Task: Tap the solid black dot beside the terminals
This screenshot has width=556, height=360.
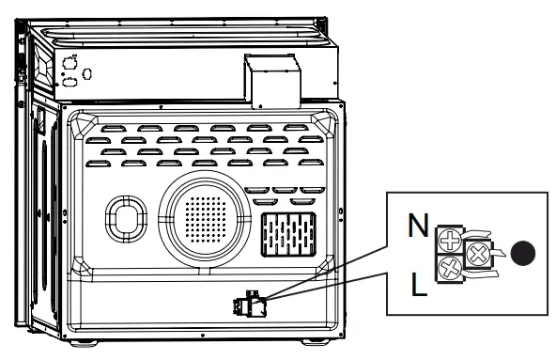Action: click(527, 252)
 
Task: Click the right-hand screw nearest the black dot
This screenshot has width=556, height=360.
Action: click(478, 252)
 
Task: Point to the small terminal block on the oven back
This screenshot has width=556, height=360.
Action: click(252, 305)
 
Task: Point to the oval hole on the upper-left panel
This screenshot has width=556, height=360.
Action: click(87, 73)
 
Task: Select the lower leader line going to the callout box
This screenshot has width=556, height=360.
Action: click(329, 287)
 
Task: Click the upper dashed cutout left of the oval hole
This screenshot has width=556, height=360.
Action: click(69, 63)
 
